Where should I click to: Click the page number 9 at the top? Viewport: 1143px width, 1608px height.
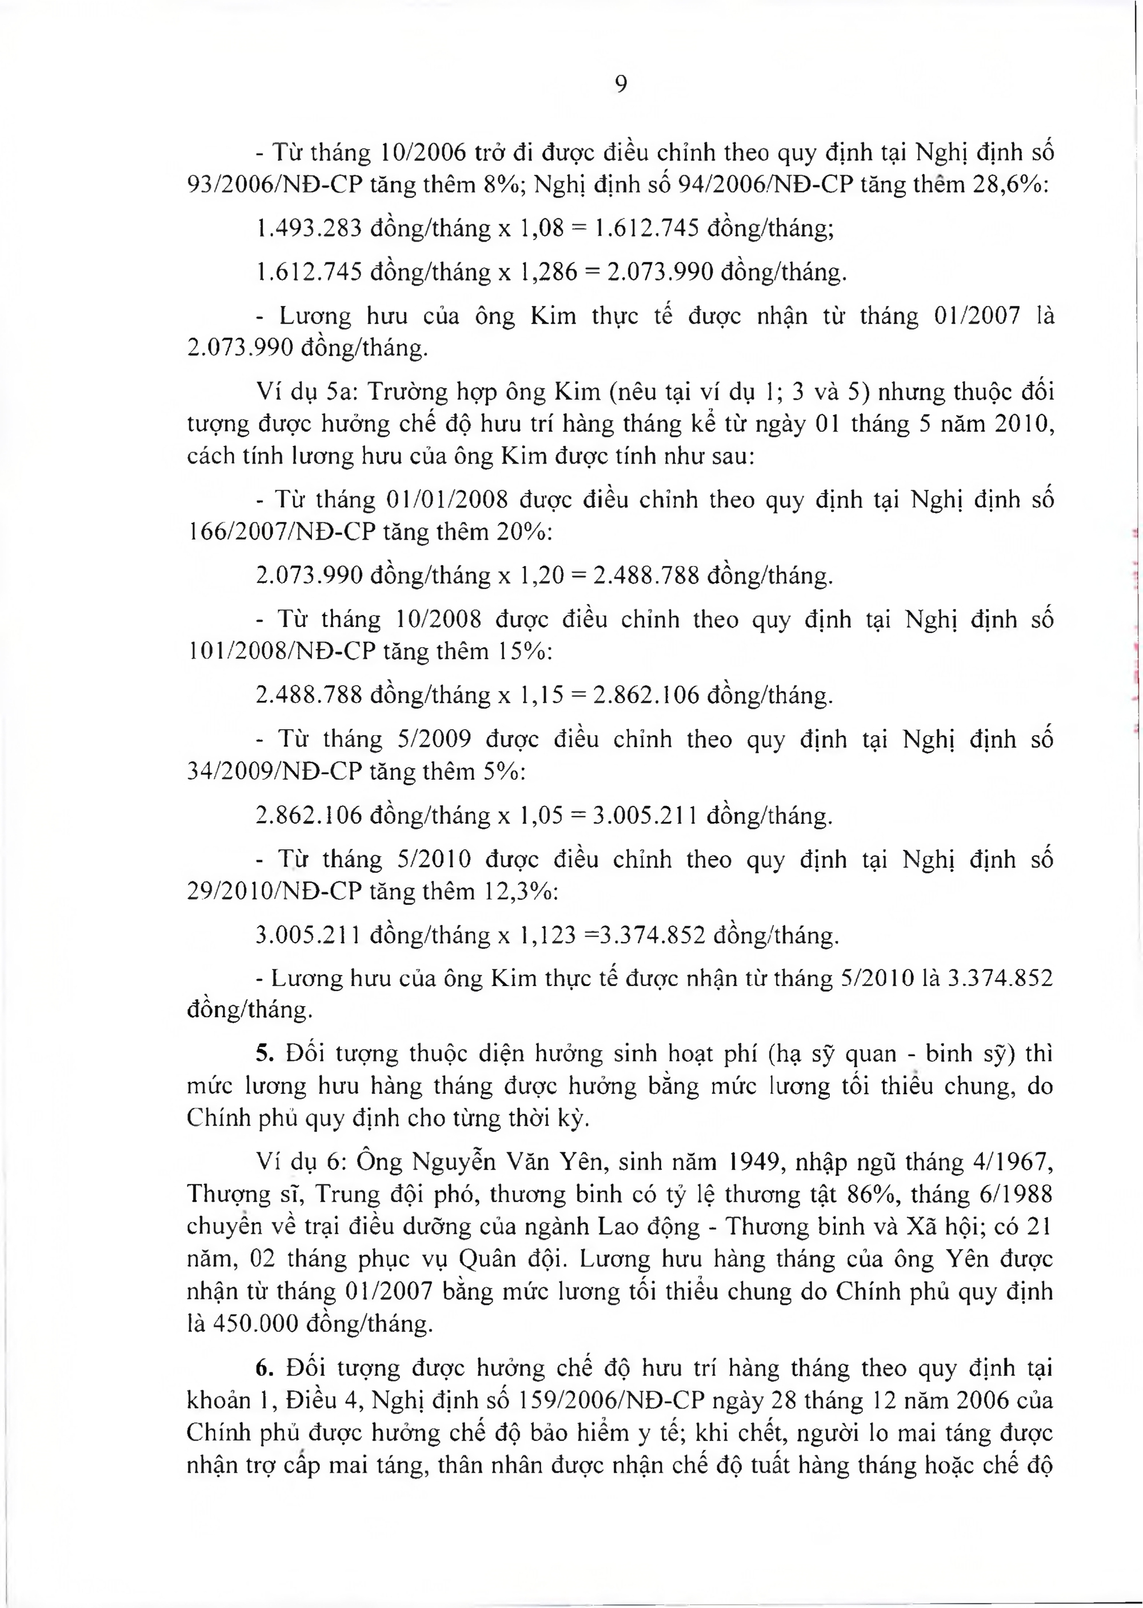(x=621, y=85)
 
